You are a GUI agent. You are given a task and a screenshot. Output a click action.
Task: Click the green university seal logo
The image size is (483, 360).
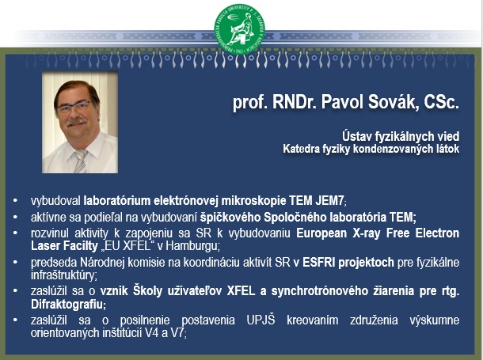point(239,29)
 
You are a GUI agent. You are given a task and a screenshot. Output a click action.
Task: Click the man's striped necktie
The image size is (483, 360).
point(81,161)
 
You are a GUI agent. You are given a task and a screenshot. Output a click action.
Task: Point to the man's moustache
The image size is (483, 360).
point(76,122)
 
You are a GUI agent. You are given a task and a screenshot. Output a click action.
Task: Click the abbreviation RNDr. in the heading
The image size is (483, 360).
point(295,102)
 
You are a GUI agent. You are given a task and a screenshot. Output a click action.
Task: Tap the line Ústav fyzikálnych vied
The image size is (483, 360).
point(401,136)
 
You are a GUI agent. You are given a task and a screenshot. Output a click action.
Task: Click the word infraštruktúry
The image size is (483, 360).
point(63,275)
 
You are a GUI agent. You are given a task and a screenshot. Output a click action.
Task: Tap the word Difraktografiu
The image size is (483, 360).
point(67,305)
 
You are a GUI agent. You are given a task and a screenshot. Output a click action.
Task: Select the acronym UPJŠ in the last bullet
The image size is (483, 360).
point(261,320)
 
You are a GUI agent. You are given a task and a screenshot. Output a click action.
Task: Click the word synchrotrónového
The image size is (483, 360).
point(320,291)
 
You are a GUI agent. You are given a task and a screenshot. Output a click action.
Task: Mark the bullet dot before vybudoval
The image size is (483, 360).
point(15,201)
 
